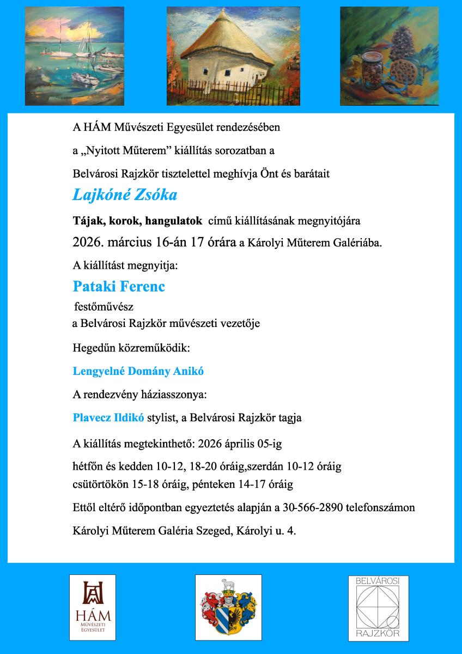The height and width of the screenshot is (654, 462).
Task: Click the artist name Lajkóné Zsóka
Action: click(125, 195)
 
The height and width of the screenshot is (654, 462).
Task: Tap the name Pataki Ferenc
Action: click(119, 286)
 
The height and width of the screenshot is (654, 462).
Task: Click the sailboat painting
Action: click(63, 56)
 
